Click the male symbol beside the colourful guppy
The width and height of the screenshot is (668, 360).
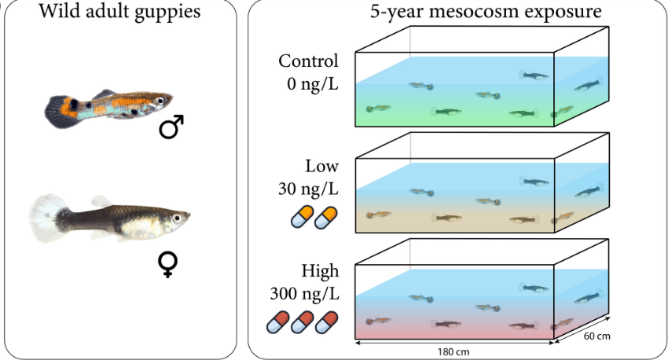172,127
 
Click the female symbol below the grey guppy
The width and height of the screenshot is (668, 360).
168,266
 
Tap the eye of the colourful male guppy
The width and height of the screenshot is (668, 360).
160,101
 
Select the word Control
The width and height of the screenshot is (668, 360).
309,61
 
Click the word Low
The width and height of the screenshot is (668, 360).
322,166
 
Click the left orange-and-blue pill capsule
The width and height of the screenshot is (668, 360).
301,218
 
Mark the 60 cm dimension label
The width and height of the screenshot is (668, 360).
596,336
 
